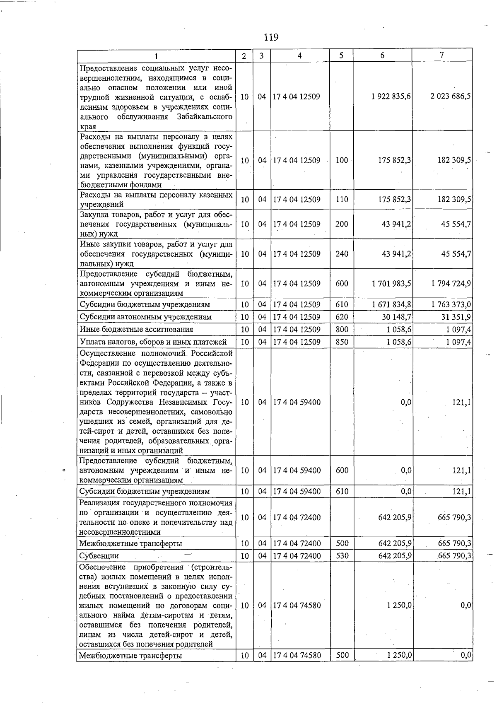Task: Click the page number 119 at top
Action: point(271,38)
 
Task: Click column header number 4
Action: point(299,55)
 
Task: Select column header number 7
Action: point(442,55)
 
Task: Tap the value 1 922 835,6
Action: point(391,97)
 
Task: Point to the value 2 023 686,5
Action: point(451,97)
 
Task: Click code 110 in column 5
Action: point(342,200)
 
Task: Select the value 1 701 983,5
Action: point(391,284)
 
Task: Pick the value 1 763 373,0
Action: point(451,305)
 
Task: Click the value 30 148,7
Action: point(396,317)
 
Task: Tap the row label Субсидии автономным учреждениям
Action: point(145,317)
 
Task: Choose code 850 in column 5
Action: point(342,342)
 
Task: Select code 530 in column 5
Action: point(342,556)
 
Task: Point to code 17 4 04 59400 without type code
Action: point(297,402)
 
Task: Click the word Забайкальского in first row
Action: point(205,117)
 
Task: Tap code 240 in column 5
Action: point(342,254)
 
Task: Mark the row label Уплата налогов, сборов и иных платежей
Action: point(153,342)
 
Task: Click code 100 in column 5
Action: point(342,160)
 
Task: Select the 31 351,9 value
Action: point(455,317)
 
